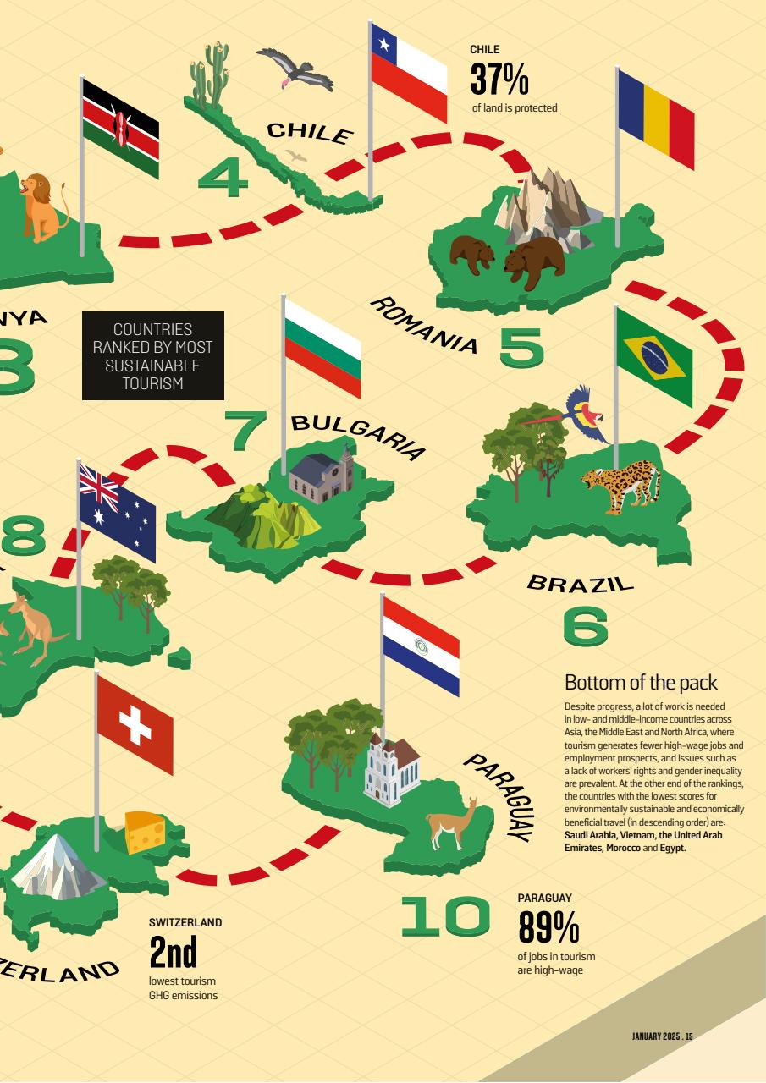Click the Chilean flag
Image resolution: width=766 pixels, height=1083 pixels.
[409, 72]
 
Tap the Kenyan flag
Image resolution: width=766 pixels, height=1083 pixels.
[120, 128]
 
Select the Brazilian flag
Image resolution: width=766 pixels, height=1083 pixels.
[653, 357]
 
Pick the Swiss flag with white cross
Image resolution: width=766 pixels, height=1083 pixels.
[135, 723]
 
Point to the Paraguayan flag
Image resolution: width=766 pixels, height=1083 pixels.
[421, 646]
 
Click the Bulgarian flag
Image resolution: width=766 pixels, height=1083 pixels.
[322, 347]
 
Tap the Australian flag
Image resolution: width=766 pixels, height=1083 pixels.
[117, 511]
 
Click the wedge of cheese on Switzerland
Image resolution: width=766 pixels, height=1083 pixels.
[145, 833]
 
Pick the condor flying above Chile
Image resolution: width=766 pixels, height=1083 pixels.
[295, 69]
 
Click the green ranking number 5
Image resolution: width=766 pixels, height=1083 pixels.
[521, 347]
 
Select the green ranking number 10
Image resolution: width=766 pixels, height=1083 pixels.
[444, 917]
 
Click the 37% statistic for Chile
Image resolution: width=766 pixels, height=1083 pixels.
[499, 80]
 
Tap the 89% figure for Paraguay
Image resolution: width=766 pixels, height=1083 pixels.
[548, 927]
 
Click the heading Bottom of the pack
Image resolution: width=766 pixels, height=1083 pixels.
[641, 683]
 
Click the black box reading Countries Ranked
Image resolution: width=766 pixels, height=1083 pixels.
[153, 355]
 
